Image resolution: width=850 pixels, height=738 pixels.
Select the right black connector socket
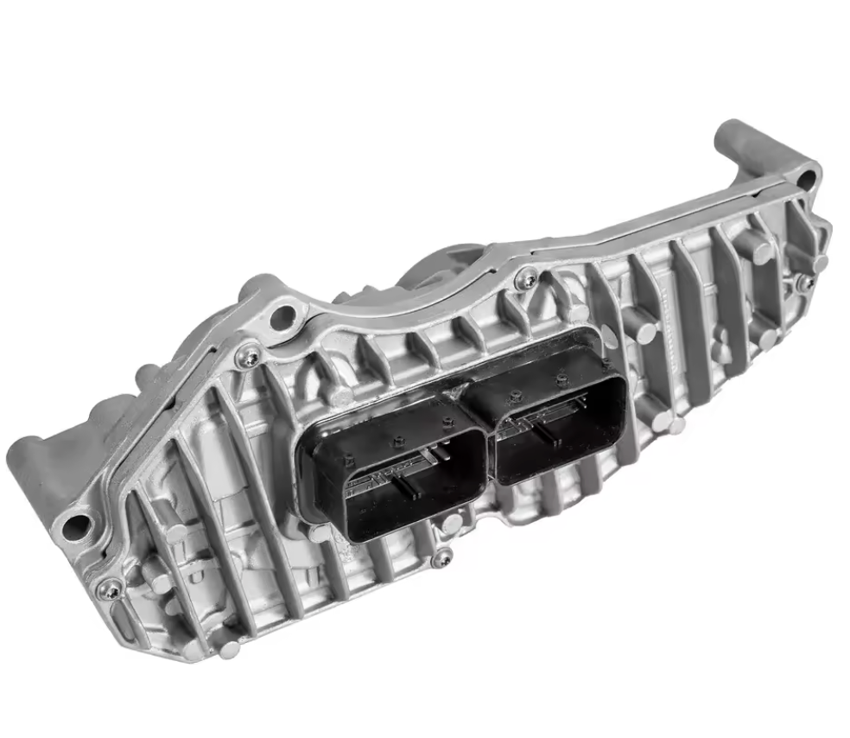[553, 423]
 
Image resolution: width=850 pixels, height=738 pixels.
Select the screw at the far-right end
[804, 282]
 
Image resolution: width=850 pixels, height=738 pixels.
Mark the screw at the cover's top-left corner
[249, 353]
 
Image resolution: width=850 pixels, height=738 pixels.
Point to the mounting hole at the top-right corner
[807, 180]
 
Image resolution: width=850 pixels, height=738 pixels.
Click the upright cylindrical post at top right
[734, 143]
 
